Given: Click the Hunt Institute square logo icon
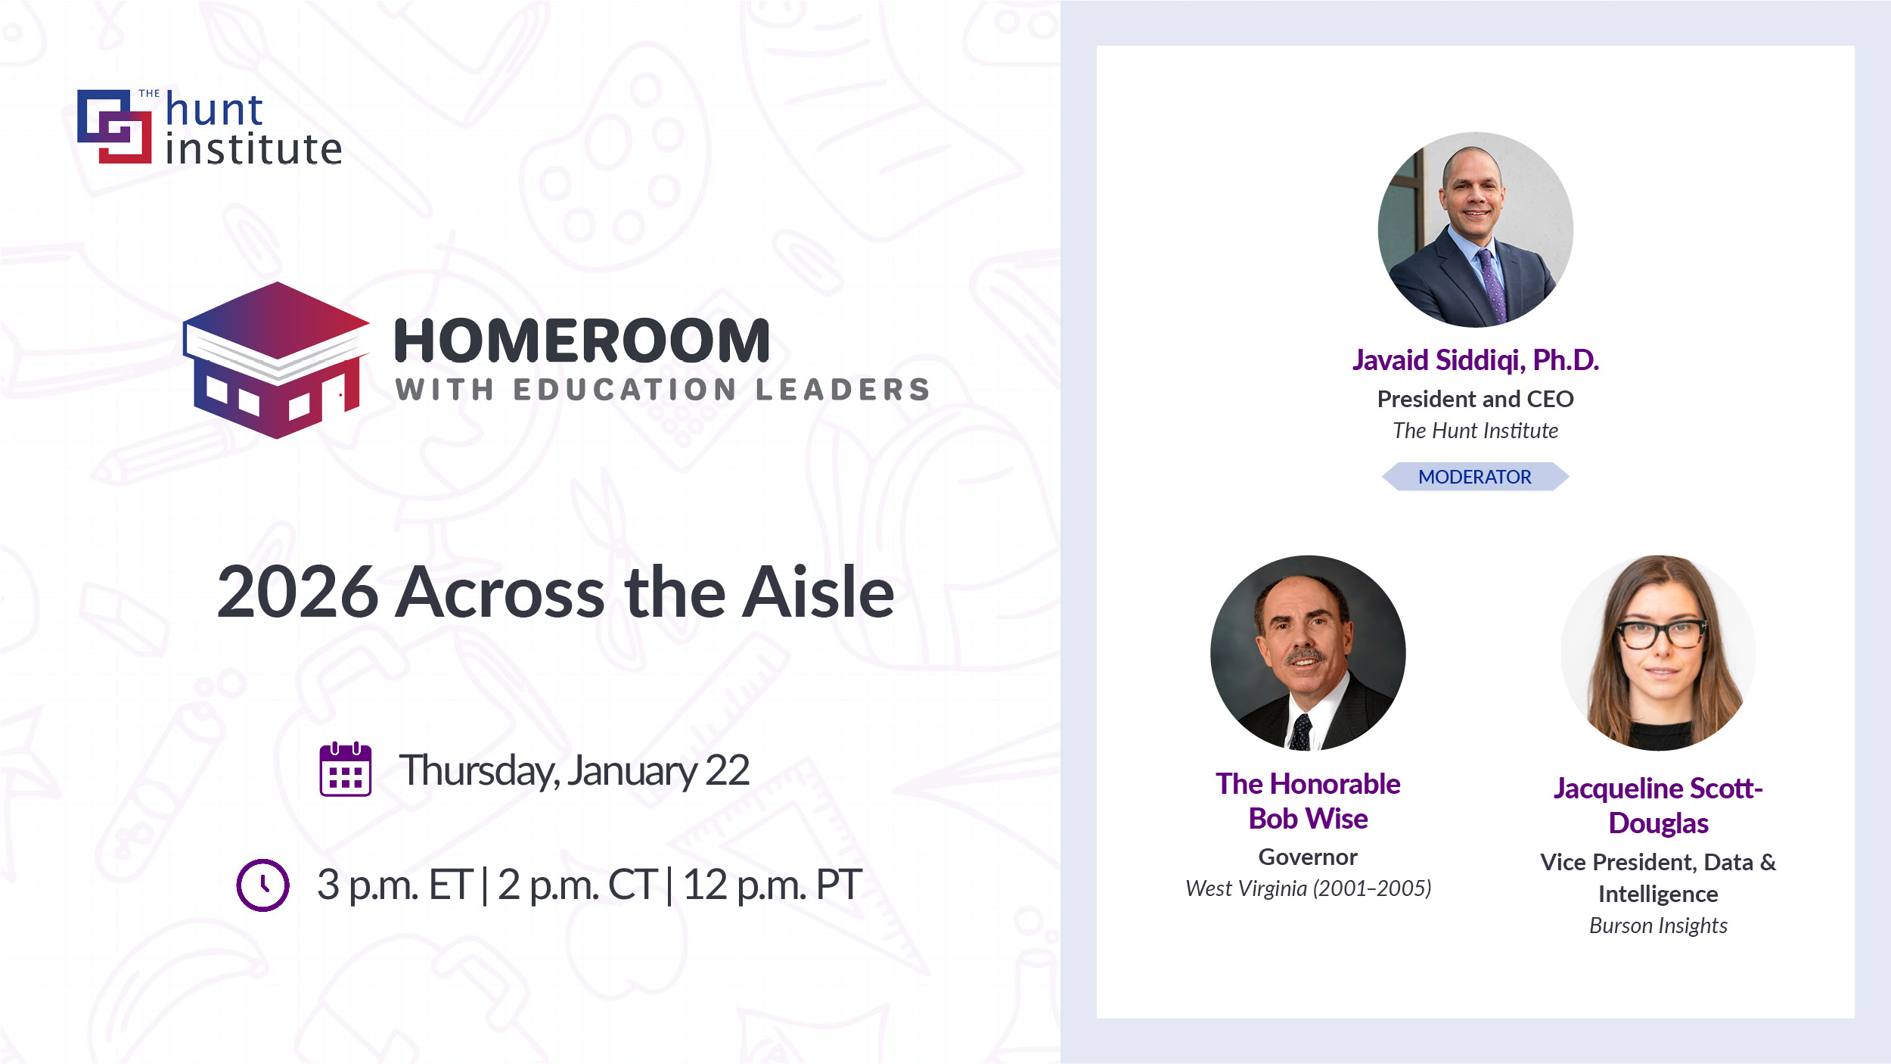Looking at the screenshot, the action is [x=114, y=126].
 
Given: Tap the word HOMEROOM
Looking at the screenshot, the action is [x=582, y=341].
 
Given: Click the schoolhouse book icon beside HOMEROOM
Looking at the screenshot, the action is [x=276, y=360].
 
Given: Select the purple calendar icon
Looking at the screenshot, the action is [x=346, y=769].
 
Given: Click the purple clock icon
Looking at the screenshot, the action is [x=262, y=885].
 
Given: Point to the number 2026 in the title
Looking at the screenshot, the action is [x=297, y=592].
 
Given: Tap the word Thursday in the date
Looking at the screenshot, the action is [x=477, y=771].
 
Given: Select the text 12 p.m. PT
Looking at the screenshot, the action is [x=772, y=885].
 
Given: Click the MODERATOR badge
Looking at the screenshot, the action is [x=1475, y=477].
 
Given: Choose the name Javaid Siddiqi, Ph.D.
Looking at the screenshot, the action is [x=1475, y=360].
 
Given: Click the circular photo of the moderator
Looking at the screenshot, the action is [x=1475, y=230].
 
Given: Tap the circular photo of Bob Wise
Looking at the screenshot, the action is [x=1308, y=653].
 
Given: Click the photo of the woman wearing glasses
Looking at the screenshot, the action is [x=1658, y=653].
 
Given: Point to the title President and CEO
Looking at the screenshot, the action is [x=1475, y=399].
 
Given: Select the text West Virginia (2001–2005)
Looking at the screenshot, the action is [x=1308, y=888].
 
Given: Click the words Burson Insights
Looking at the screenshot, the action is [x=1658, y=926].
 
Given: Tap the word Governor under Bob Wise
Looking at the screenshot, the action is [x=1308, y=857].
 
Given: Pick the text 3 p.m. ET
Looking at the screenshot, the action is [x=395, y=885].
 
